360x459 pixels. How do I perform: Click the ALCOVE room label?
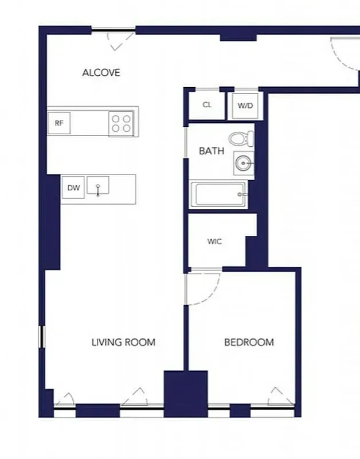(101, 73)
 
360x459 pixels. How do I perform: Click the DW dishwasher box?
(73, 188)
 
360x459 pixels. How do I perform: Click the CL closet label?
(208, 105)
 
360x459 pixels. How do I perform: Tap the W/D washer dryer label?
(245, 106)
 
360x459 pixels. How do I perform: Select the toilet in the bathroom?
(241, 139)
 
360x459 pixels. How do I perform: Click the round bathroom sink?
(244, 164)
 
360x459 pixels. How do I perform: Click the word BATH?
(211, 151)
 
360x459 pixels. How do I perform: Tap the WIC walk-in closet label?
(214, 242)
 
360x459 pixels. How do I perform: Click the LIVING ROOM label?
(123, 343)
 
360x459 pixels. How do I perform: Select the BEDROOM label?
(249, 343)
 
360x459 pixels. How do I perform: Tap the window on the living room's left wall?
(41, 336)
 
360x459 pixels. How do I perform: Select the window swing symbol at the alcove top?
(120, 38)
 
